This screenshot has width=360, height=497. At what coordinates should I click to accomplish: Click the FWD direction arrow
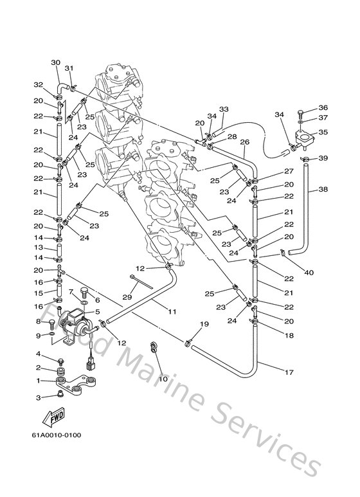tap(53, 419)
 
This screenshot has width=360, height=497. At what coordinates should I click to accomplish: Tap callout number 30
tap(55, 62)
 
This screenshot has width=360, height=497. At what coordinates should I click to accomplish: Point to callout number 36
tap(323, 107)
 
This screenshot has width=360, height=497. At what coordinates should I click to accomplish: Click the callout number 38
tap(323, 190)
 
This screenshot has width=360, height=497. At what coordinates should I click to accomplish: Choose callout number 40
tap(309, 273)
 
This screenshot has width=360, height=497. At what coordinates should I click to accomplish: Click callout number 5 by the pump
tap(98, 312)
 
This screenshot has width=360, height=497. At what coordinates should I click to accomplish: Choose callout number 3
tap(39, 398)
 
